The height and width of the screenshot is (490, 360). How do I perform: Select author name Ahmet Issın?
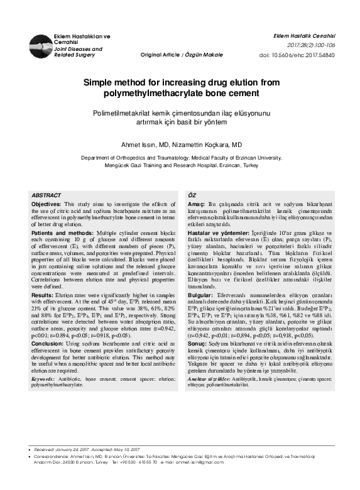[x=139, y=144]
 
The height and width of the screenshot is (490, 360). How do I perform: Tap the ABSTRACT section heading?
[x=46, y=196]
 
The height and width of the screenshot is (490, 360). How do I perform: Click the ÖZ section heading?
[x=193, y=196]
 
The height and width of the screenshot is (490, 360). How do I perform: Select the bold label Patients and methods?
[x=59, y=232]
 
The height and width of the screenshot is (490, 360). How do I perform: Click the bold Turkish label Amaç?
[x=197, y=205]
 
